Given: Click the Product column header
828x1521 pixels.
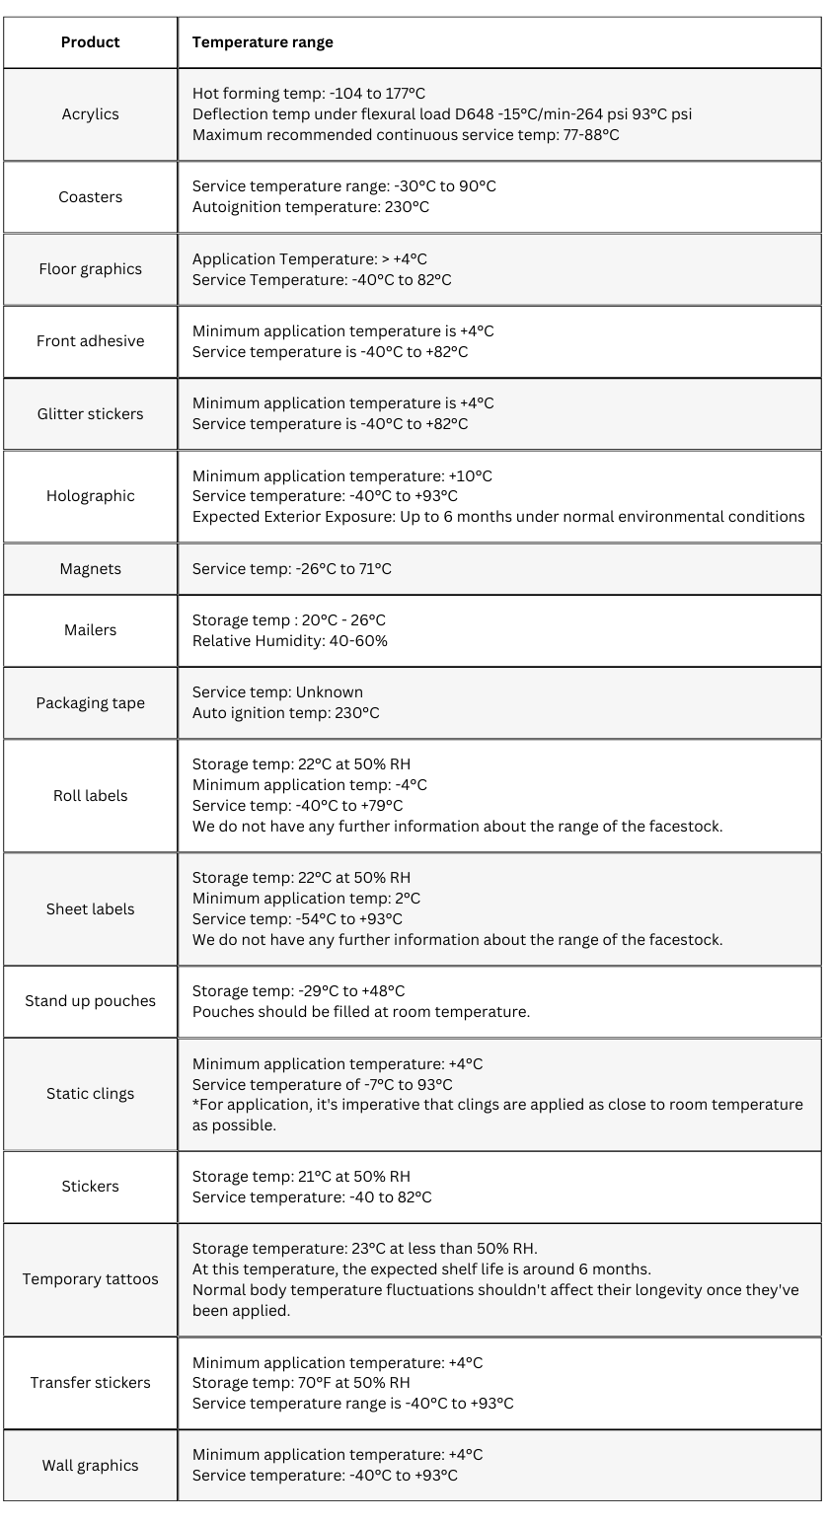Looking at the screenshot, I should coord(90,42).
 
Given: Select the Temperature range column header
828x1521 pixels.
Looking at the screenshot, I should coord(263,42).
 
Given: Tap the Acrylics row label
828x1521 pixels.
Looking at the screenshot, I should coord(90,114).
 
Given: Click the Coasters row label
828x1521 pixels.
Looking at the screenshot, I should coord(90,197).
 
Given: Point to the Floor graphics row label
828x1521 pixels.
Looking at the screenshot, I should coord(90,269).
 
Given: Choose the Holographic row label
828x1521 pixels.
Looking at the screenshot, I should coord(90,496).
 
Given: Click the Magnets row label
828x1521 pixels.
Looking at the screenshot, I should coord(90,569).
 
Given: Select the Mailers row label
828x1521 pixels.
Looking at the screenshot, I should coord(90,630).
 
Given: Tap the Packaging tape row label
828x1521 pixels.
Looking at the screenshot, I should coord(90,703).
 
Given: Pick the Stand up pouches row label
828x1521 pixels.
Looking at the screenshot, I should coord(90,1001).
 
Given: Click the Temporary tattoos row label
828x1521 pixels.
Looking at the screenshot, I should coord(90,1279).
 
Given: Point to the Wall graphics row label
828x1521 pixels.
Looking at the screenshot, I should coord(90,1466).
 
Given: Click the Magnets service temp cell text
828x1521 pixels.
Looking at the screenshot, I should coord(291,569).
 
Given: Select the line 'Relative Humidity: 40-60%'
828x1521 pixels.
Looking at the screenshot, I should coord(290,641).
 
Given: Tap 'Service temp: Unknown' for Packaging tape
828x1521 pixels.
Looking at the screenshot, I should coord(277,692).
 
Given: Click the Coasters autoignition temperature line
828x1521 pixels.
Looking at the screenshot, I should coord(311,207).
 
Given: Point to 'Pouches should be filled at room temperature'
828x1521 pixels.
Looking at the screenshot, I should coord(361,1012).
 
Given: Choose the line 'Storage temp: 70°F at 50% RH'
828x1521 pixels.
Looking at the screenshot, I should coord(301,1383).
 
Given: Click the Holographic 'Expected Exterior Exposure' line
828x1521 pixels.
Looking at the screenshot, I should coord(498,517).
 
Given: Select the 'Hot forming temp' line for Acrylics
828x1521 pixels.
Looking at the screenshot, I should coord(309,94).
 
